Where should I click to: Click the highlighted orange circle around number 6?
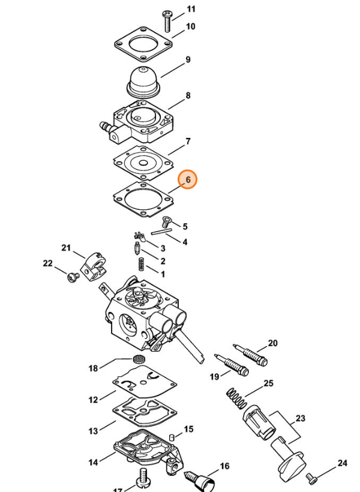(188, 179)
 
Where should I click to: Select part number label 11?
(191, 9)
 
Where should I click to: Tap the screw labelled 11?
(167, 21)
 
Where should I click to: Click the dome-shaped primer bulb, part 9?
(144, 82)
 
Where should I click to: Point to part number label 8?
(188, 95)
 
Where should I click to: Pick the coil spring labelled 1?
(142, 263)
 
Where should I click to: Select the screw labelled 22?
(73, 277)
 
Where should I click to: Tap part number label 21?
(66, 248)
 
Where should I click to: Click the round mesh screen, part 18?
(137, 359)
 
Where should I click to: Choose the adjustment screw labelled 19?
(232, 364)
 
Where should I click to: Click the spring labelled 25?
(236, 398)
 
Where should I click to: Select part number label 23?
(301, 418)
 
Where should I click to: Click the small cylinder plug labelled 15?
(172, 437)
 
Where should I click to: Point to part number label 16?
(224, 466)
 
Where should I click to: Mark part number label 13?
(93, 431)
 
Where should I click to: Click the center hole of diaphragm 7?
(143, 163)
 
